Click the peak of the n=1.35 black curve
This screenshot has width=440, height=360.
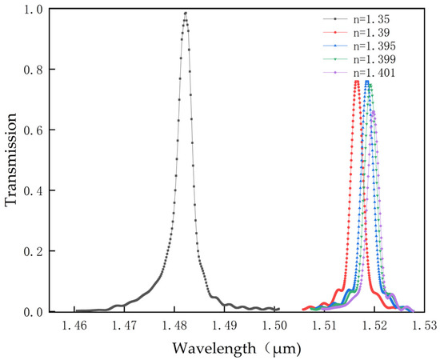pos(186,13)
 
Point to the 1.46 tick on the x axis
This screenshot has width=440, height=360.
pos(74,326)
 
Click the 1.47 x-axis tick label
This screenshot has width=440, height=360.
pos(125,326)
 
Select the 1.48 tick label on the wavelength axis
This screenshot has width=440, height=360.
pos(174,326)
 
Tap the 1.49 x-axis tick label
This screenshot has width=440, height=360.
pos(225,326)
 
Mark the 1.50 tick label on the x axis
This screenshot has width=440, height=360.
pos(274,326)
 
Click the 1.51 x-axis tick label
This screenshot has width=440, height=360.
pos(325,326)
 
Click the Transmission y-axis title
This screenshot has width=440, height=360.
pos(11,161)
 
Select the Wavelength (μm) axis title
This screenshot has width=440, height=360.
pos(249,350)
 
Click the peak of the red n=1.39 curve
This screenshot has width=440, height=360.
pos(357,82)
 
